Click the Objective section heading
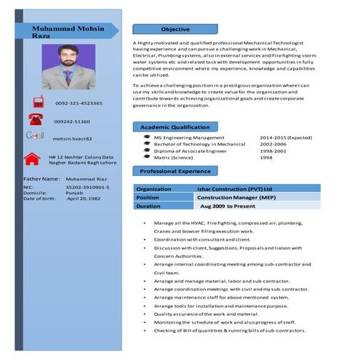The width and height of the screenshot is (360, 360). pos(175,29)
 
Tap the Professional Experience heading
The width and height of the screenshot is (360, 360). pos(175,171)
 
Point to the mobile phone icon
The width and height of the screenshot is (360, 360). pos(36,103)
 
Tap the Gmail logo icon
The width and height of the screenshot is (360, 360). pos(35,136)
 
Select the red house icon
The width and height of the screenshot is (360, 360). pos(32,158)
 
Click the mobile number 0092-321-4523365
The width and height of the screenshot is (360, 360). pos(79,104)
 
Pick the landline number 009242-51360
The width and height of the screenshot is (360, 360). pos(73,121)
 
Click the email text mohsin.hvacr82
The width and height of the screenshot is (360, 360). pos(73,139)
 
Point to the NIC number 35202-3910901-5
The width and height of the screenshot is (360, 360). pos(87,187)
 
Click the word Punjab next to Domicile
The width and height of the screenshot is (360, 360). pos(76,193)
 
